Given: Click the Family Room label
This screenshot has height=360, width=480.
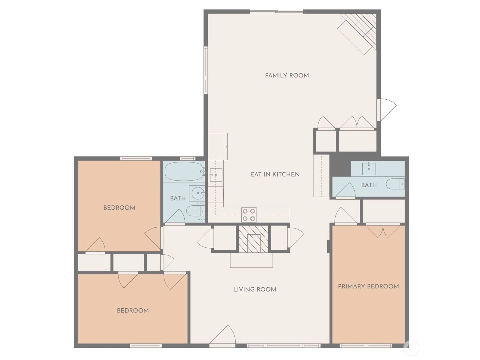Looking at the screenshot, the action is click(287, 75).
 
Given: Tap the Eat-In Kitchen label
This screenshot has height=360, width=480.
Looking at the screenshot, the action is click(275, 174).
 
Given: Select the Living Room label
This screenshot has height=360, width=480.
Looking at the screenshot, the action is click(255, 289).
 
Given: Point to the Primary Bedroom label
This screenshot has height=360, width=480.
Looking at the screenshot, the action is click(368, 286).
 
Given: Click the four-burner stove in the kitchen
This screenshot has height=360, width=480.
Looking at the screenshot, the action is click(249, 215).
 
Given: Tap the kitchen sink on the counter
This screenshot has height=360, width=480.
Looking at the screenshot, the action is click(216, 175).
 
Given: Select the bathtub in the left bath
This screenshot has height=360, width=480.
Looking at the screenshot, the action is click(184, 171).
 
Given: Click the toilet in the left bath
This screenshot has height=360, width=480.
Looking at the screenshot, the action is click(195, 211).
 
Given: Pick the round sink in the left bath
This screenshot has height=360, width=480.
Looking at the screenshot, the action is click(197, 193).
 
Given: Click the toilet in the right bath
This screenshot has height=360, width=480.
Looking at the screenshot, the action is click(395, 184).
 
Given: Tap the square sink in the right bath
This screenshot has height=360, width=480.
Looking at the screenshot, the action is click(369, 169).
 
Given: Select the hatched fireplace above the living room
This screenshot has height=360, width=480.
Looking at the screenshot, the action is click(253, 239).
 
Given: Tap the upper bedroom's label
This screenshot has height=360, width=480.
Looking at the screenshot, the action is click(119, 207).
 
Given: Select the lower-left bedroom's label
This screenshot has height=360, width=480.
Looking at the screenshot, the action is click(133, 310).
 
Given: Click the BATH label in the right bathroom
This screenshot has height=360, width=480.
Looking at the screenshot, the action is click(369, 185).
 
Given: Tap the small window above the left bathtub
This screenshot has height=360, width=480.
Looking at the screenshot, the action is click(188, 158).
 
